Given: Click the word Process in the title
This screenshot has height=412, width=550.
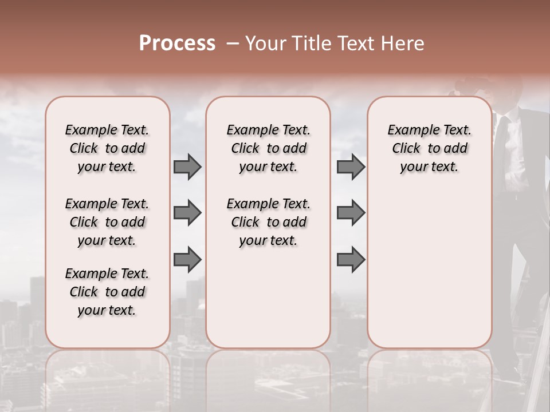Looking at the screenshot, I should tap(177, 43).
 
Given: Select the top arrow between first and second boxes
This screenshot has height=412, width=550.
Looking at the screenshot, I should tap(187, 167).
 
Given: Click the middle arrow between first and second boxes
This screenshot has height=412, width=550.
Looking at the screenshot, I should tap(187, 213).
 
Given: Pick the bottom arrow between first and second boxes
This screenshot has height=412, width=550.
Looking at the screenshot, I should tap(187, 260).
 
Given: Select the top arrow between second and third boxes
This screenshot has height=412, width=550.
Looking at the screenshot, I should tap(351, 167).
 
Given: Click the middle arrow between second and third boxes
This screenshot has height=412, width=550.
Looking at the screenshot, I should tap(351, 213).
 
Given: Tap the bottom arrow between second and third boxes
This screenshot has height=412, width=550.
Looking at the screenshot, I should tap(351, 260).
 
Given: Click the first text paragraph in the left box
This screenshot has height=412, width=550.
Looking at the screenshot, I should tap(107, 148).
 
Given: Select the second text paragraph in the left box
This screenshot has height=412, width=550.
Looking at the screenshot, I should tap(107, 222).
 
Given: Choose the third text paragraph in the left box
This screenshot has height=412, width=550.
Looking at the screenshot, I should tap(107, 292).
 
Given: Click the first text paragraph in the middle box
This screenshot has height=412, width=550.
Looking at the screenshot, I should tap(269, 148).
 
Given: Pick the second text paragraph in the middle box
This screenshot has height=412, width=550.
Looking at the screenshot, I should tap(269, 222).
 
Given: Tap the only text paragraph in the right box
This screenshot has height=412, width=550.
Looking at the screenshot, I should tap(430, 148).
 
